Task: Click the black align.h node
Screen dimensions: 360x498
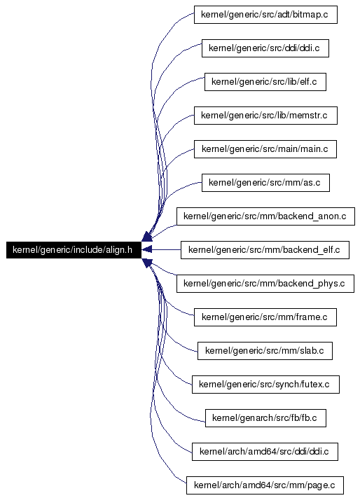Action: tap(74, 249)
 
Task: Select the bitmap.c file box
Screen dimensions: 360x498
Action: tap(265, 14)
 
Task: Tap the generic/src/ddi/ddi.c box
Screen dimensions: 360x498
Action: tap(265, 48)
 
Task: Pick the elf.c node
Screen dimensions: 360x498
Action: tap(265, 82)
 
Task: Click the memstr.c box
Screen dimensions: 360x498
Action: tap(265, 116)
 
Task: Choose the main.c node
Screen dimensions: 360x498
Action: tap(265, 149)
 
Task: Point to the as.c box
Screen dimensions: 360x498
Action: tap(265, 183)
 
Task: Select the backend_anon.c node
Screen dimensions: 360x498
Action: tap(265, 216)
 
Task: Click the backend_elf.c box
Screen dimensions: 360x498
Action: tap(265, 250)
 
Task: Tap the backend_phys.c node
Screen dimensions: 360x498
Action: tap(265, 284)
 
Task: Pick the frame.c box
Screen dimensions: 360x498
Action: tap(265, 317)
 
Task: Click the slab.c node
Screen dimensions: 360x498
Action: tap(265, 351)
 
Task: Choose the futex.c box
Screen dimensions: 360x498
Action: tap(265, 385)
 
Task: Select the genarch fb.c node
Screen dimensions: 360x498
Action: tap(265, 418)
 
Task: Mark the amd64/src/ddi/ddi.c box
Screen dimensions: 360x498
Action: tap(265, 452)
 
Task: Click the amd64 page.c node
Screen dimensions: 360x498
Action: tap(265, 485)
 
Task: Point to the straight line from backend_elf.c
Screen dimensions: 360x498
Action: tap(166, 249)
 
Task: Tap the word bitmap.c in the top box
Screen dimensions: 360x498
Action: tap(310, 15)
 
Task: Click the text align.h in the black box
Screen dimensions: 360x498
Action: tap(119, 250)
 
